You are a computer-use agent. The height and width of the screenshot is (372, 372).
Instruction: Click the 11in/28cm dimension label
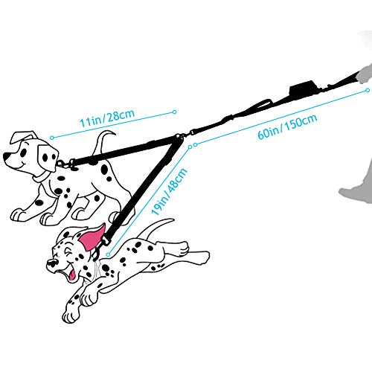(x=107, y=118)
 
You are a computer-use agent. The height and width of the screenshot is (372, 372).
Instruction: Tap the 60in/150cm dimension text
(x=287, y=126)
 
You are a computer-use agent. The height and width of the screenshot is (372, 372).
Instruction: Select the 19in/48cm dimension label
(x=169, y=191)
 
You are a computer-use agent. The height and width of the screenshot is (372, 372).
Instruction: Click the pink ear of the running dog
(x=92, y=237)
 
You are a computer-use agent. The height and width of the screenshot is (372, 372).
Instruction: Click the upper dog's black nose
(x=6, y=157)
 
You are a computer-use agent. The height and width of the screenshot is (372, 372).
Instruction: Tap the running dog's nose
(x=51, y=263)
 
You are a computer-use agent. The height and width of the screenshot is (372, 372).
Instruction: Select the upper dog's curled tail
(x=103, y=144)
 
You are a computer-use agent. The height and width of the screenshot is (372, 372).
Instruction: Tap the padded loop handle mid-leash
(x=263, y=103)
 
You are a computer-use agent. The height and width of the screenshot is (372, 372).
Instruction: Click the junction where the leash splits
(x=179, y=136)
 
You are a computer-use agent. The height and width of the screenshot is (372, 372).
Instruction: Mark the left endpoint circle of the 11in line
(x=51, y=138)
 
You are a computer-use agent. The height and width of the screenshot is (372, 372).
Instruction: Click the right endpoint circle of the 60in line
(x=368, y=91)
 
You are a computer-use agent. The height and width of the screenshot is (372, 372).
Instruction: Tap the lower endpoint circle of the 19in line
(x=108, y=254)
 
